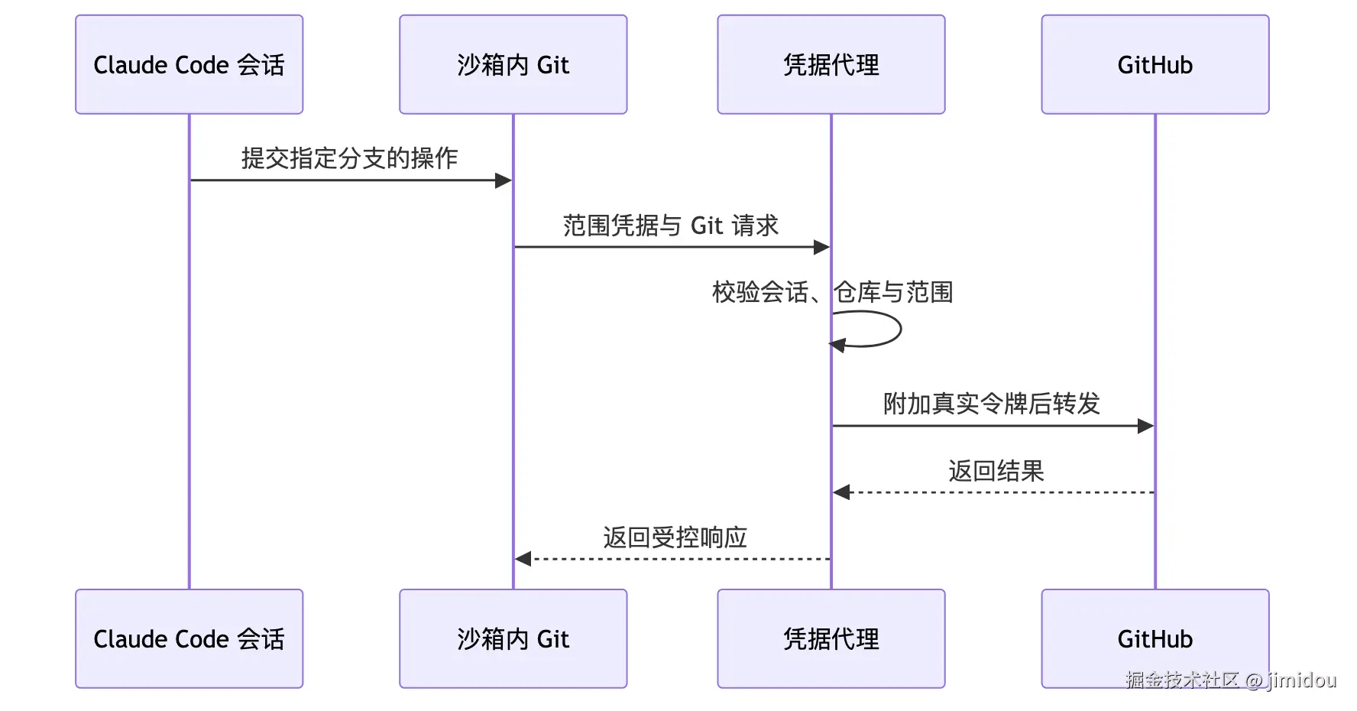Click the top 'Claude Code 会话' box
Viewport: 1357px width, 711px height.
click(x=189, y=64)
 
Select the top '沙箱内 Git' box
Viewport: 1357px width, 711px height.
click(x=513, y=64)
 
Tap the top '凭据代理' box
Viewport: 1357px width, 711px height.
click(x=831, y=64)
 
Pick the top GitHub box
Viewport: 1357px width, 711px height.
click(x=1155, y=64)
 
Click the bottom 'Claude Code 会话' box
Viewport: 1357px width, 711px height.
click(x=189, y=638)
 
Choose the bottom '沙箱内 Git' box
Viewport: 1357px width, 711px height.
click(x=513, y=638)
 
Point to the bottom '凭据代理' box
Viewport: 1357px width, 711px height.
click(x=831, y=638)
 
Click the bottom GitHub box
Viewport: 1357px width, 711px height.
click(x=1155, y=638)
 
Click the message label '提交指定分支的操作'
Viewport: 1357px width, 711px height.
click(x=350, y=158)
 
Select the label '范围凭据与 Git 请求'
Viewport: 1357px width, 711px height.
click(x=671, y=226)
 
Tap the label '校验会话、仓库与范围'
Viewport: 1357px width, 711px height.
click(x=832, y=292)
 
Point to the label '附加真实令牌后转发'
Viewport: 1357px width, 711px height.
click(x=992, y=404)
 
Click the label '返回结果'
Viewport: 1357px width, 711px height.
click(x=996, y=471)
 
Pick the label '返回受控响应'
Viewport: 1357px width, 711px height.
click(x=675, y=537)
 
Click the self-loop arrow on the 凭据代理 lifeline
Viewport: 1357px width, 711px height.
click(x=901, y=330)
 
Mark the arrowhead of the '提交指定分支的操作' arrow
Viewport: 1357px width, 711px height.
click(x=504, y=180)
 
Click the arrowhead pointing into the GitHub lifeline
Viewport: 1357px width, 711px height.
click(x=1145, y=426)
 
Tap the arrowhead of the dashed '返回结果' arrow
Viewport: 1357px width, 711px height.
click(x=841, y=492)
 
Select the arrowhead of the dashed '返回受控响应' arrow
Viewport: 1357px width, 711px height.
click(x=523, y=559)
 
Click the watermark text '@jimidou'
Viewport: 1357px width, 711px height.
click(x=1291, y=680)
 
